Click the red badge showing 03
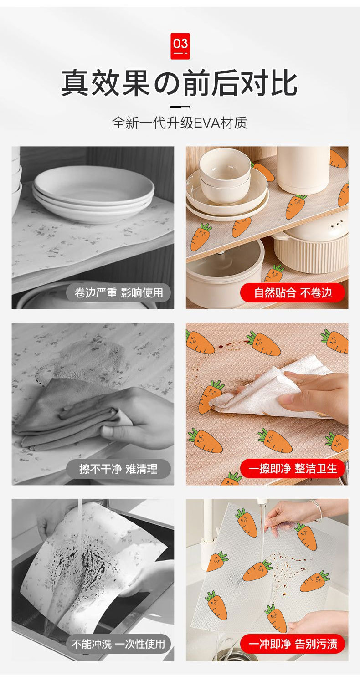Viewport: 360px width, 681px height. click(x=180, y=46)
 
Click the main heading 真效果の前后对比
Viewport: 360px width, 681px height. click(x=180, y=83)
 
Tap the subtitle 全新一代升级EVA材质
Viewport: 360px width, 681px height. click(x=180, y=123)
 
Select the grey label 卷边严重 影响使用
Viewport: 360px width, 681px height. click(x=119, y=293)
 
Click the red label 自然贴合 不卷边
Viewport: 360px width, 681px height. click(x=293, y=293)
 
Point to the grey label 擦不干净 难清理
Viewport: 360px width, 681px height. click(x=119, y=469)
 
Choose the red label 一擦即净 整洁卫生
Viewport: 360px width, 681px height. click(x=293, y=468)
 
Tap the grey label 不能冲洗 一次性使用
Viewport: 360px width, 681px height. click(x=119, y=644)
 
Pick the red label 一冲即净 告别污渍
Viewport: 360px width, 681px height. click(x=293, y=644)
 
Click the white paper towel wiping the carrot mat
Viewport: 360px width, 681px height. click(x=271, y=393)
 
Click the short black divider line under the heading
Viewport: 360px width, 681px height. click(x=180, y=107)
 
